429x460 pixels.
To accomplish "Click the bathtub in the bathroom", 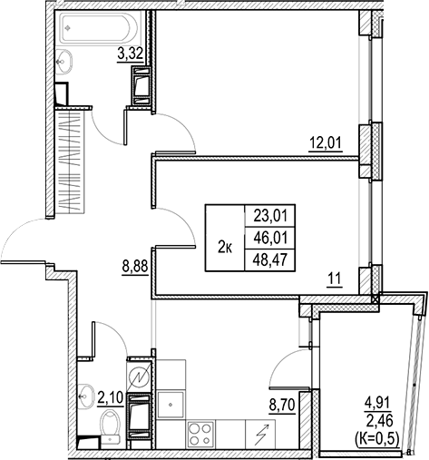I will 100,28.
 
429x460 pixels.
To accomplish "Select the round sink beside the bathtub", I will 65,61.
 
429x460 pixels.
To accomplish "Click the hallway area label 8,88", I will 134,268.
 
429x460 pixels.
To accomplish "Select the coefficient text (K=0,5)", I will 376,436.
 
